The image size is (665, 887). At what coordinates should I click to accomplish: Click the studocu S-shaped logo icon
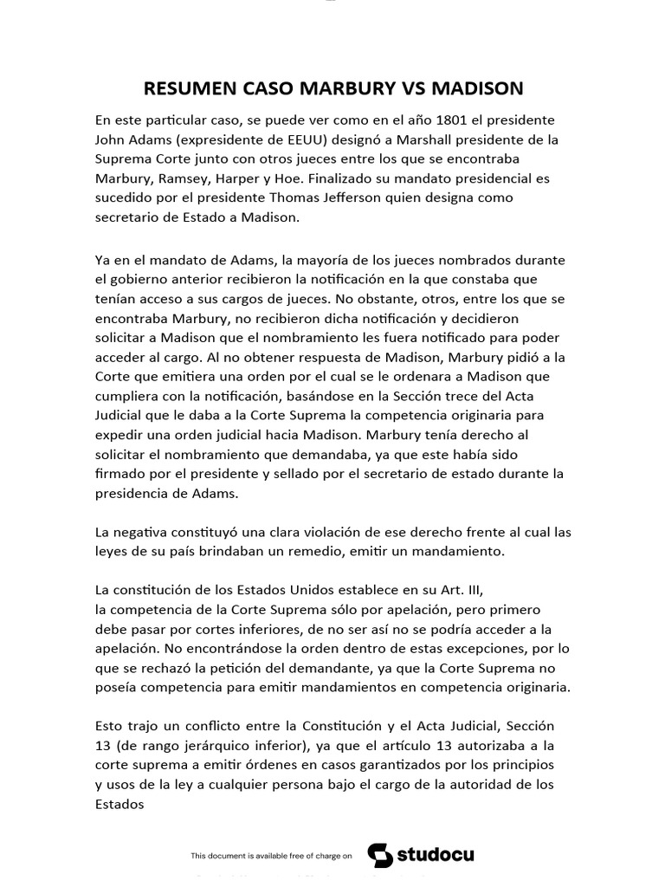380,855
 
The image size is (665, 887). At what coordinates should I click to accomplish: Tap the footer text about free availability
271,856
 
